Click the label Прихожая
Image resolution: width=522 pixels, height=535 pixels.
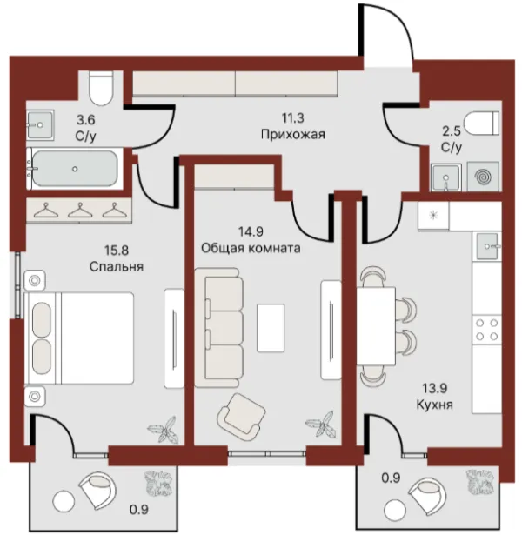click(292, 135)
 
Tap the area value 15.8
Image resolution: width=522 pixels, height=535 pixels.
click(117, 251)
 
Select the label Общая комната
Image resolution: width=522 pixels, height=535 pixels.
click(251, 248)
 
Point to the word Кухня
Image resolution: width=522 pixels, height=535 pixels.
click(435, 405)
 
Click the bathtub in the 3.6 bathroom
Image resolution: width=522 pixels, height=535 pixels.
click(75, 169)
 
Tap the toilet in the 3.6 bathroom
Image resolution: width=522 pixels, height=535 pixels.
click(101, 88)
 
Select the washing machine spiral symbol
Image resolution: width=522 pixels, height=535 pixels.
click(484, 177)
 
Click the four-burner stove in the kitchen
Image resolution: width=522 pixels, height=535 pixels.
click(487, 329)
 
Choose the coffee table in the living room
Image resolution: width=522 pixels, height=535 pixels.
click(271, 328)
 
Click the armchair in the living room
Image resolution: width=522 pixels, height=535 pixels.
click(241, 417)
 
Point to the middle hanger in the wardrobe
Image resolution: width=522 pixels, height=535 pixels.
click(80, 211)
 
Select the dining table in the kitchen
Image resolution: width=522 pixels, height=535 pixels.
click(376, 326)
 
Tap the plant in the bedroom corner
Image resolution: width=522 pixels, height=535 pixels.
click(164, 430)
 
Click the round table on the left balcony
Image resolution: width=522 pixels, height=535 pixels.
click(64, 501)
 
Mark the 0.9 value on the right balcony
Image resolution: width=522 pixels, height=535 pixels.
click(391, 478)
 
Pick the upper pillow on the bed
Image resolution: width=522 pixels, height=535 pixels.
click(42, 320)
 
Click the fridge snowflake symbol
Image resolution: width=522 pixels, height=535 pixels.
click(433, 215)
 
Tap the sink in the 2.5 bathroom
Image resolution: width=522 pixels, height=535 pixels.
click(446, 177)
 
